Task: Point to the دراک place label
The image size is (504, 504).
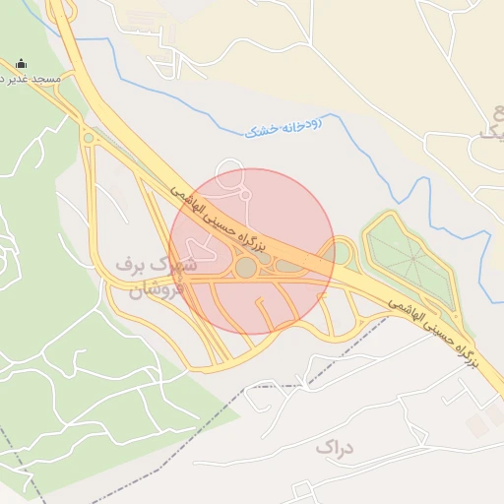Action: (334, 448)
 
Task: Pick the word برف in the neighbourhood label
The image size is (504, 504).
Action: (131, 264)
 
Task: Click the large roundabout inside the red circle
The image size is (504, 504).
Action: (246, 267)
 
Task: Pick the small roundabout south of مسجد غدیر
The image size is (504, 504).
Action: (90, 138)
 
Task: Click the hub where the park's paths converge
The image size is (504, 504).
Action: (412, 259)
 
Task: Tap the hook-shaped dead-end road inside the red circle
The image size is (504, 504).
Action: (263, 313)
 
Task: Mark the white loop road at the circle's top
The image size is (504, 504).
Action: (231, 171)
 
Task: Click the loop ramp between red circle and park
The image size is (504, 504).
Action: (343, 254)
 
